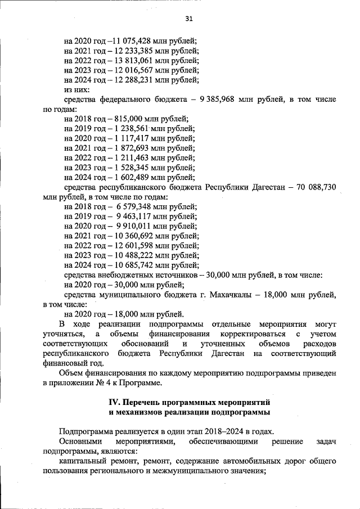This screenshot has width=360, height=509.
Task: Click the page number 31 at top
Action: (x=189, y=19)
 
